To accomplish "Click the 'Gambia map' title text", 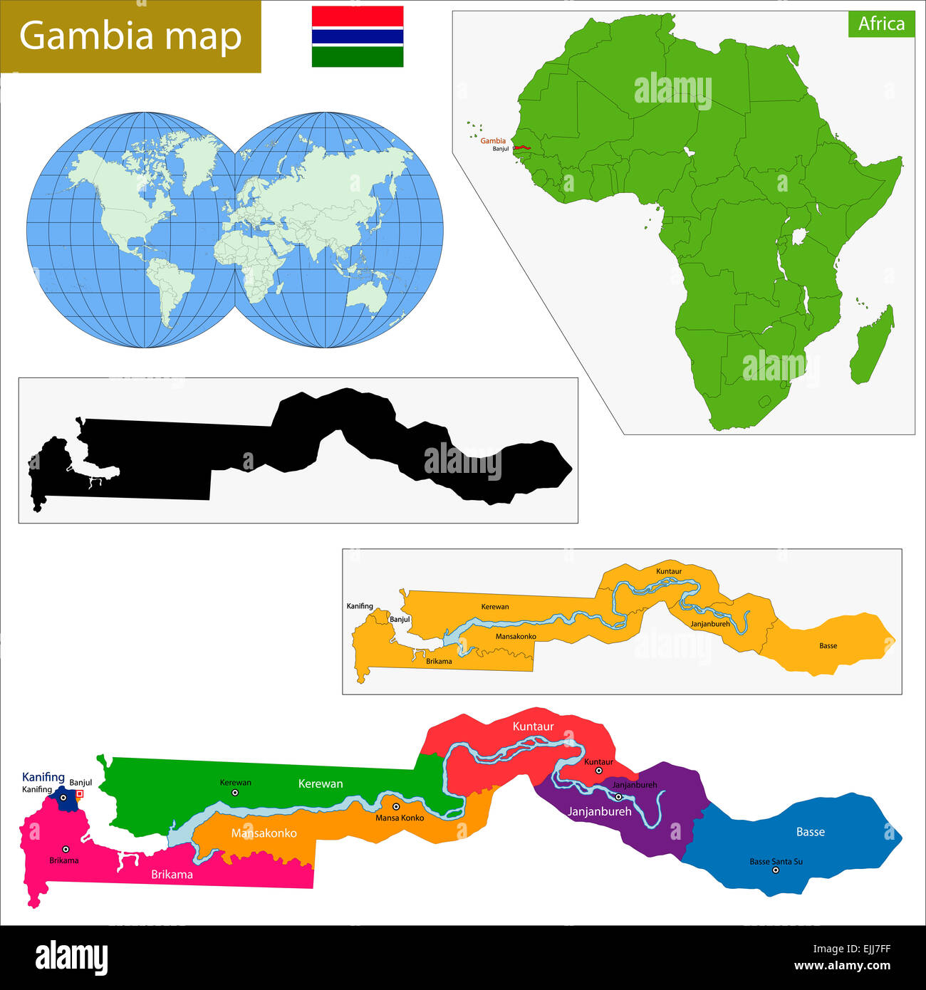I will (x=130, y=36).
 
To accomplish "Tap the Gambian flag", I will (x=358, y=36).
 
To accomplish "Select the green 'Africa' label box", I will (x=881, y=24).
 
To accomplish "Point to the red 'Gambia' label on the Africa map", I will (x=493, y=141).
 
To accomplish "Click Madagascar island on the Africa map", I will (x=873, y=345).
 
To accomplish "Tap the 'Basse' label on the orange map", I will (x=828, y=646).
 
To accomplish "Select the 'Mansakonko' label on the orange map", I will (x=516, y=636).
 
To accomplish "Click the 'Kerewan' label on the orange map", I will (x=495, y=607).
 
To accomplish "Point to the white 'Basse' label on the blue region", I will (x=811, y=832).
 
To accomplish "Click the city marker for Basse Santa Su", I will (x=776, y=870).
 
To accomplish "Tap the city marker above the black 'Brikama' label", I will (x=66, y=849).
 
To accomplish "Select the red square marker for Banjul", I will (x=79, y=793).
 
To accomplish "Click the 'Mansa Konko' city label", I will (x=400, y=818).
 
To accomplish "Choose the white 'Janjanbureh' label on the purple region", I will (x=599, y=811).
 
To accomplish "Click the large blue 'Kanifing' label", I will (x=43, y=777).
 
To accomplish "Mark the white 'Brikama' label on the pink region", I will (x=172, y=875).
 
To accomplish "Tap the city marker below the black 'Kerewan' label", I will (x=235, y=792).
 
